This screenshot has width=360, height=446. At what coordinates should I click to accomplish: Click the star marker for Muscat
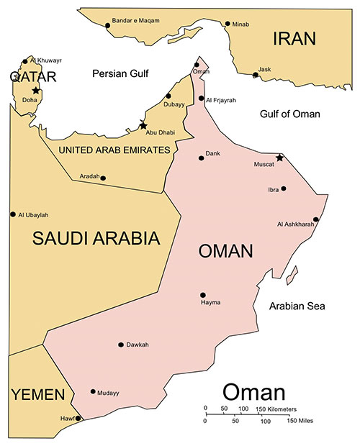pos(280,158)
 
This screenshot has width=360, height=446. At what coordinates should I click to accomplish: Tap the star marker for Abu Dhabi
pos(143,125)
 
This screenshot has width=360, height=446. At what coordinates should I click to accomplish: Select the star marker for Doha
pos(35,90)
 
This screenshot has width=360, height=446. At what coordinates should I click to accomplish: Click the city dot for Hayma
pos(203,295)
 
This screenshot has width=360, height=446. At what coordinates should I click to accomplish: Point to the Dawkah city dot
pos(120,345)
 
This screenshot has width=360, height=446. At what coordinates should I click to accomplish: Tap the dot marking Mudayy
pos(93,392)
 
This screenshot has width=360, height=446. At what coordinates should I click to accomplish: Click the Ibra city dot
pos(284,189)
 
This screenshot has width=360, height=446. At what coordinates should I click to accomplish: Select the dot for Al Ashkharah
pos(315,220)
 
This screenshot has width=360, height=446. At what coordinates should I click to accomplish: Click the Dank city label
pos(213,153)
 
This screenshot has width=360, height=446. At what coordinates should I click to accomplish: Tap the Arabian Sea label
pos(297,306)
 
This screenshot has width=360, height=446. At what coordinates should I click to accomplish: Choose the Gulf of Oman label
pos(290,114)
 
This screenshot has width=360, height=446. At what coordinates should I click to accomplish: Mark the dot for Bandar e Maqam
pos(108,25)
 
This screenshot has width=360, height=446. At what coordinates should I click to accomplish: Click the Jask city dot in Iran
pos(256,74)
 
